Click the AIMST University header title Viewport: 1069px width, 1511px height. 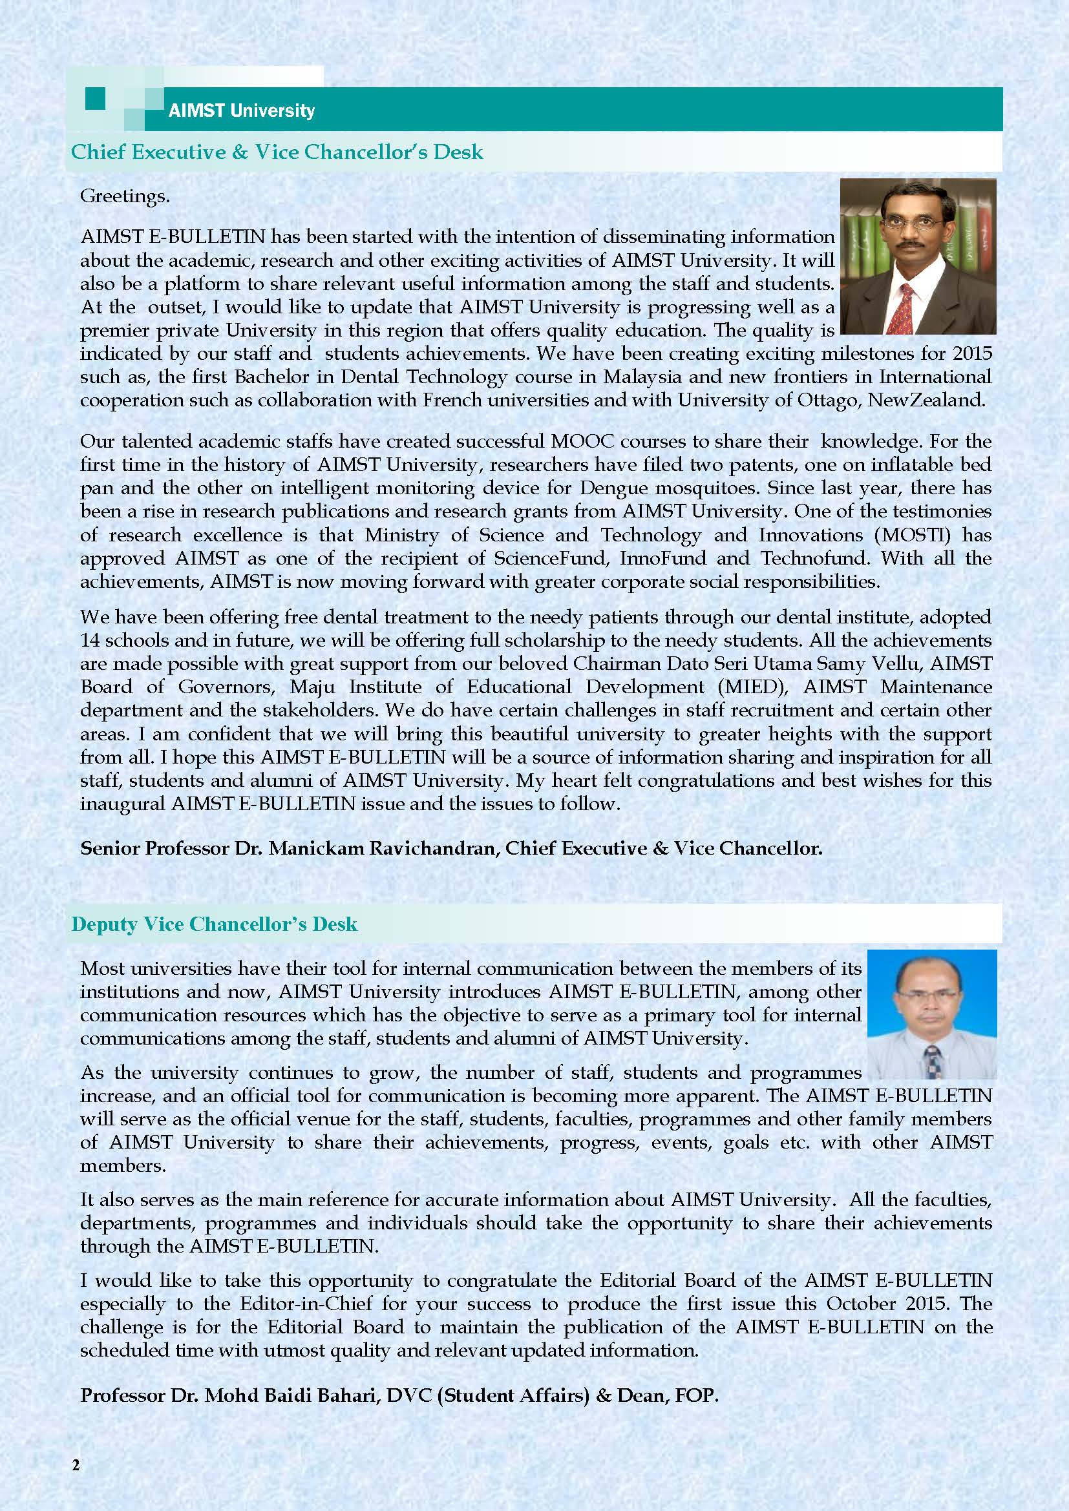(242, 110)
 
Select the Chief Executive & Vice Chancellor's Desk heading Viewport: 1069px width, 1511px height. (277, 152)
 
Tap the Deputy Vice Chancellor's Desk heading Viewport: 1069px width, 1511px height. (214, 924)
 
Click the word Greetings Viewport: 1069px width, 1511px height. (124, 196)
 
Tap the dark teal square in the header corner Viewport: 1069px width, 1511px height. (96, 99)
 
